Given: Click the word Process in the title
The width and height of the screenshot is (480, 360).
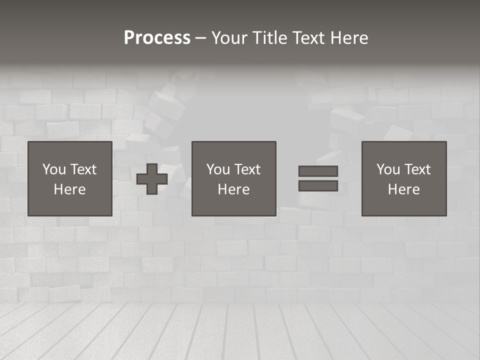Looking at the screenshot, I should tap(157, 38).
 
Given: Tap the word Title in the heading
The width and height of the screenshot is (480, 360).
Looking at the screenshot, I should tap(269, 38).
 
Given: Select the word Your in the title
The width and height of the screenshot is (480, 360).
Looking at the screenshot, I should tap(229, 38).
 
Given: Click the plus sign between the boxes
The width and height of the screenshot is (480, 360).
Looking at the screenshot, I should tap(152, 179).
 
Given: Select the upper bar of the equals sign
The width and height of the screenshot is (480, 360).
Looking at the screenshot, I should tap(318, 171).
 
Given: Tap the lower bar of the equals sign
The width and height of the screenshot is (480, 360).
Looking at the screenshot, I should tap(318, 186).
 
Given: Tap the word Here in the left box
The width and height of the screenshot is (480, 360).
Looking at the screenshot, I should tap(70, 189).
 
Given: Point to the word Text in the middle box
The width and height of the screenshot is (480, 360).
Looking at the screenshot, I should tap(247, 169).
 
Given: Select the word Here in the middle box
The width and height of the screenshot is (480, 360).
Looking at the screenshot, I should tap(233, 189).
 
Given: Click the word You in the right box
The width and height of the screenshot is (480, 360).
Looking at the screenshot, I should tap(388, 169).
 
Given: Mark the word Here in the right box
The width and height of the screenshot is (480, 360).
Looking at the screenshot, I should tap(404, 189).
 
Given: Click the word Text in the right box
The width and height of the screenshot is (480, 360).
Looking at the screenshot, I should tap(417, 169).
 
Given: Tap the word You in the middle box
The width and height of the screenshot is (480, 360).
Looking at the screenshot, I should tap(218, 169).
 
